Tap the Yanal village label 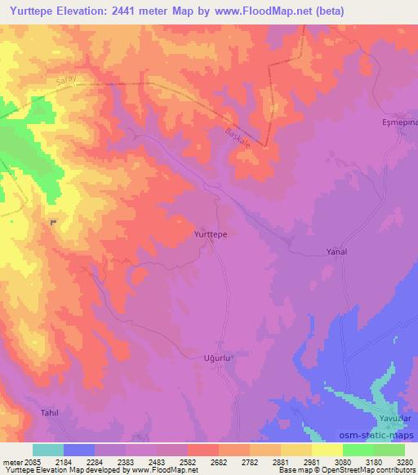(x=336, y=252)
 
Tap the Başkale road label (x=238, y=135)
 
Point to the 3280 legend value (x=404, y=462)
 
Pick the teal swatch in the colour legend (x=48, y=450)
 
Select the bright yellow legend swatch (x=327, y=450)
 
